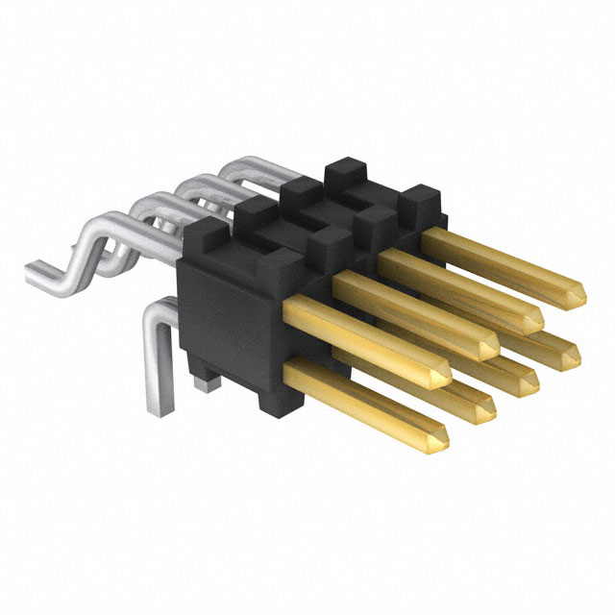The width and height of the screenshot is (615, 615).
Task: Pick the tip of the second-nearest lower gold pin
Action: click(x=483, y=410)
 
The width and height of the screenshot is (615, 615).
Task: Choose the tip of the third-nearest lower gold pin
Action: click(x=529, y=383)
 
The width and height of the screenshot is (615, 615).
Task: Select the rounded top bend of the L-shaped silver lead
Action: click(x=154, y=312)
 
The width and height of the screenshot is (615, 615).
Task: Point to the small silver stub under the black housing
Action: click(x=202, y=383)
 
